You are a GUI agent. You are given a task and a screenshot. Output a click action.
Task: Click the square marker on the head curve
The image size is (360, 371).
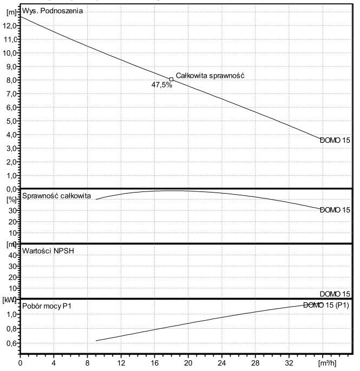(x=171, y=79)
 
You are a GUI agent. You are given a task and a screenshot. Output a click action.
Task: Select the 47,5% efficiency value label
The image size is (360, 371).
(x=162, y=85)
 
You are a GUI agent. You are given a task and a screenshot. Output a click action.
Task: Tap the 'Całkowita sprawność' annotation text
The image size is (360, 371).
(x=211, y=76)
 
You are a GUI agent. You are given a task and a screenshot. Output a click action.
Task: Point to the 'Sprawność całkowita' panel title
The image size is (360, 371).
(x=56, y=195)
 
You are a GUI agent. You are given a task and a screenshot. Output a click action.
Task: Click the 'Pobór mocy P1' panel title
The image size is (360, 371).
(x=47, y=306)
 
